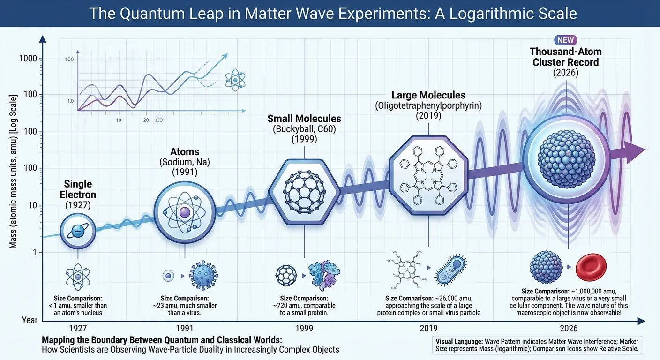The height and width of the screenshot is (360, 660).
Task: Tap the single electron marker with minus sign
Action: click(78, 230)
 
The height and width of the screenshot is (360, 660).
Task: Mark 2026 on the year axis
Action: click(568, 329)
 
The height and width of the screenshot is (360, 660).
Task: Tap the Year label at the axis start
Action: click(30, 320)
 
